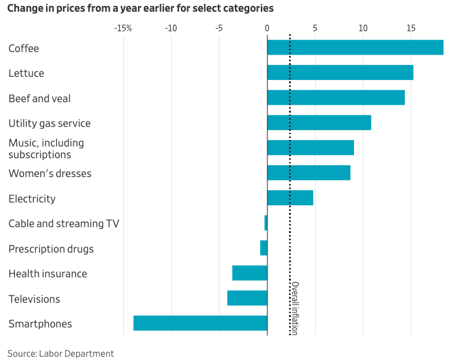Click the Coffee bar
(355, 48)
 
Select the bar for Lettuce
(340, 72)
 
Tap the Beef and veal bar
(336, 98)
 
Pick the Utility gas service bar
(319, 122)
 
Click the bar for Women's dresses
(308, 173)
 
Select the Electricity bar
(290, 198)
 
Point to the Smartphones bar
(200, 323)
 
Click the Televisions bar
(247, 298)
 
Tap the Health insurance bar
(250, 273)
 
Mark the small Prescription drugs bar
(264, 248)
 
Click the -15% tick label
(123, 29)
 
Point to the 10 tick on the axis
(363, 29)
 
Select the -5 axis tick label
(219, 29)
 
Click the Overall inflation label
(295, 308)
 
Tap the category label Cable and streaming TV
(64, 223)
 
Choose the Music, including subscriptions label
(46, 148)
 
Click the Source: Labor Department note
(61, 353)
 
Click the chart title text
(140, 8)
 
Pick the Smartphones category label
(40, 324)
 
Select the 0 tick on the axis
(267, 29)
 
